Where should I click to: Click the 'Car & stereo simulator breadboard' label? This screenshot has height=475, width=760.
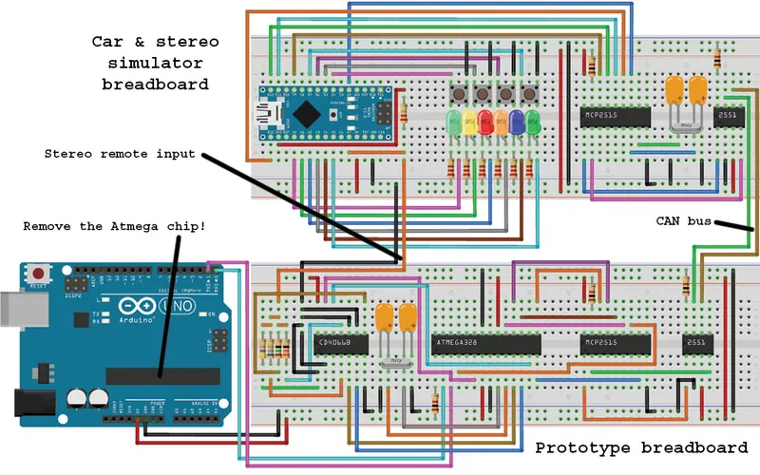coord(155,63)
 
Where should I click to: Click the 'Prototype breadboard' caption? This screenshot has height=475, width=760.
coord(647,447)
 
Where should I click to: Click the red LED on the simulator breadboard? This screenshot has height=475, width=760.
coord(485,122)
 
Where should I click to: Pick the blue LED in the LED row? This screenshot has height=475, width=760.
coord(517,122)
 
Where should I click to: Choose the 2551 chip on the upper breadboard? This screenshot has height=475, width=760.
coord(728,115)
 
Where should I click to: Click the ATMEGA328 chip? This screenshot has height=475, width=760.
coord(484,342)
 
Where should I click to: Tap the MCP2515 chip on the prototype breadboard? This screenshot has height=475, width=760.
coord(614,342)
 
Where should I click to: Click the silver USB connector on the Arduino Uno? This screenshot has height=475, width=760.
coord(11,310)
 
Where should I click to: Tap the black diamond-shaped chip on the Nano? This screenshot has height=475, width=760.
coord(306,113)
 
